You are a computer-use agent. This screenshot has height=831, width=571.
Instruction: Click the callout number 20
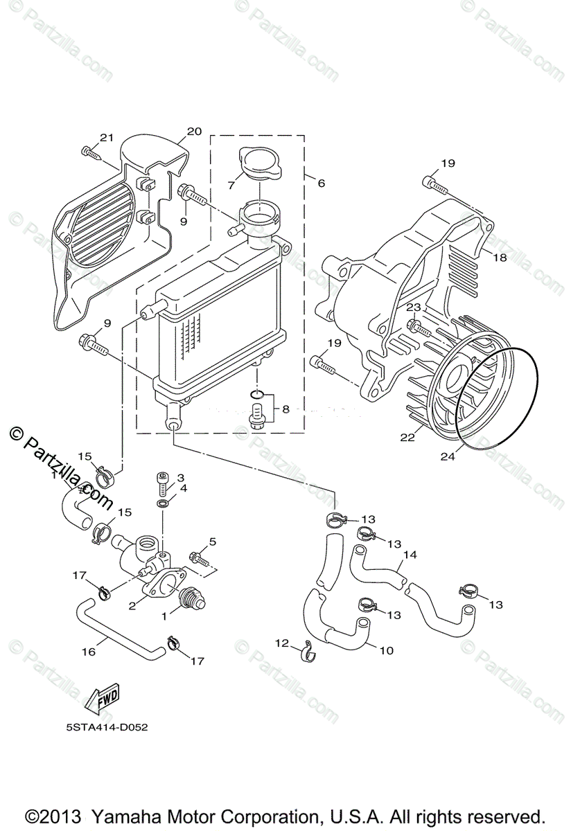pyautogui.click(x=194, y=132)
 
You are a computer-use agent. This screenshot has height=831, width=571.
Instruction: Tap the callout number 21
pyautogui.click(x=106, y=137)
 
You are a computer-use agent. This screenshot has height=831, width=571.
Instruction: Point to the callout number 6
pyautogui.click(x=321, y=184)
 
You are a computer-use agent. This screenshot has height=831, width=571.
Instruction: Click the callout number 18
pyautogui.click(x=500, y=258)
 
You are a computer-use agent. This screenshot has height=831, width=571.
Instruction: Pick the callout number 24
pyautogui.click(x=447, y=456)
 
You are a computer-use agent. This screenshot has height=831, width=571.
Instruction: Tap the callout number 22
pyautogui.click(x=407, y=437)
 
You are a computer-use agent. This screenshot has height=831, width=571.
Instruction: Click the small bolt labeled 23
pyautogui.click(x=417, y=325)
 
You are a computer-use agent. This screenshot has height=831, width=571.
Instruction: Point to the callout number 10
pyautogui.click(x=386, y=650)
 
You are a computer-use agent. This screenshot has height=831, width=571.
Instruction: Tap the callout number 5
pyautogui.click(x=213, y=541)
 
